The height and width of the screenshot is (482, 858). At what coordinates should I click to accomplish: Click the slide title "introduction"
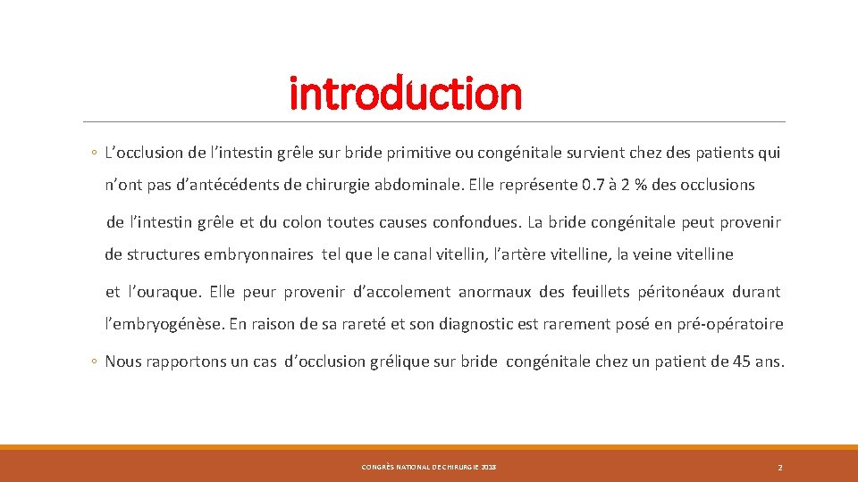[405, 93]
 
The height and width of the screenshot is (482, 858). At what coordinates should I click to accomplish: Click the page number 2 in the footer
[780, 468]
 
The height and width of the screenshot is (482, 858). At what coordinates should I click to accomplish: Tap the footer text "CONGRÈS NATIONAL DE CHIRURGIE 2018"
[429, 468]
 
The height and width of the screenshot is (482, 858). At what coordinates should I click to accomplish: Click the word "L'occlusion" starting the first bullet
[142, 153]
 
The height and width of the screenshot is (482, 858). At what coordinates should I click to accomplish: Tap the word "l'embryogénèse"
[164, 324]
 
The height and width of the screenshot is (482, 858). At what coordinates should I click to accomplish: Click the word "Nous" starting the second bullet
[123, 361]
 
